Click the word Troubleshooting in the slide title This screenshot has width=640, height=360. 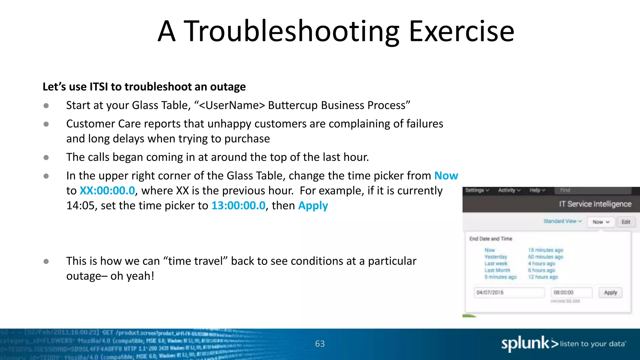(291, 31)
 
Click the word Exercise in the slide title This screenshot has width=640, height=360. (461, 31)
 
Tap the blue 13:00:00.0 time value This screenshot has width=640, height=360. (238, 206)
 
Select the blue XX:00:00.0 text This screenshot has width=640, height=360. (107, 191)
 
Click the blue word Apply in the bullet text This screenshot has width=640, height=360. (313, 206)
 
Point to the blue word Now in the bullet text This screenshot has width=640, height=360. (446, 176)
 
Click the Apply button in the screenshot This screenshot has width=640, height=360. (610, 292)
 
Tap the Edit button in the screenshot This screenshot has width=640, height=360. (626, 222)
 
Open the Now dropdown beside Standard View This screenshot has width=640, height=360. (601, 222)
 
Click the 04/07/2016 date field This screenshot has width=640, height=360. (508, 292)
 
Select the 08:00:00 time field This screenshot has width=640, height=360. (571, 292)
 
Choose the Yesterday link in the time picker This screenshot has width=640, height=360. (496, 257)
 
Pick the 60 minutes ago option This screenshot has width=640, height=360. (545, 257)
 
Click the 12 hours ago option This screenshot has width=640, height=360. (543, 277)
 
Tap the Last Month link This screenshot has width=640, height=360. (497, 270)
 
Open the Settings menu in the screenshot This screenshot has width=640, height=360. (477, 190)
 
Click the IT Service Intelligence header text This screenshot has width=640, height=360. (595, 204)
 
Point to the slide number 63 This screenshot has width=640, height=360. (320, 344)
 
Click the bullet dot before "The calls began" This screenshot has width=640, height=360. (46, 157)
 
